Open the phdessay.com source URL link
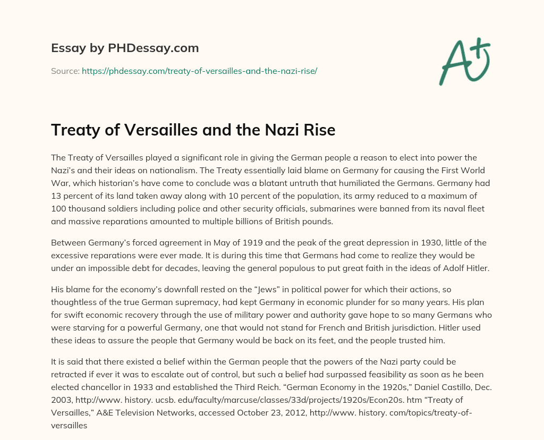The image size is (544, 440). point(199,71)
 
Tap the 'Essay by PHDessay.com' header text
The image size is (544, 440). point(125,48)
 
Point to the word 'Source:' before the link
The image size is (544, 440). point(65,71)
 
